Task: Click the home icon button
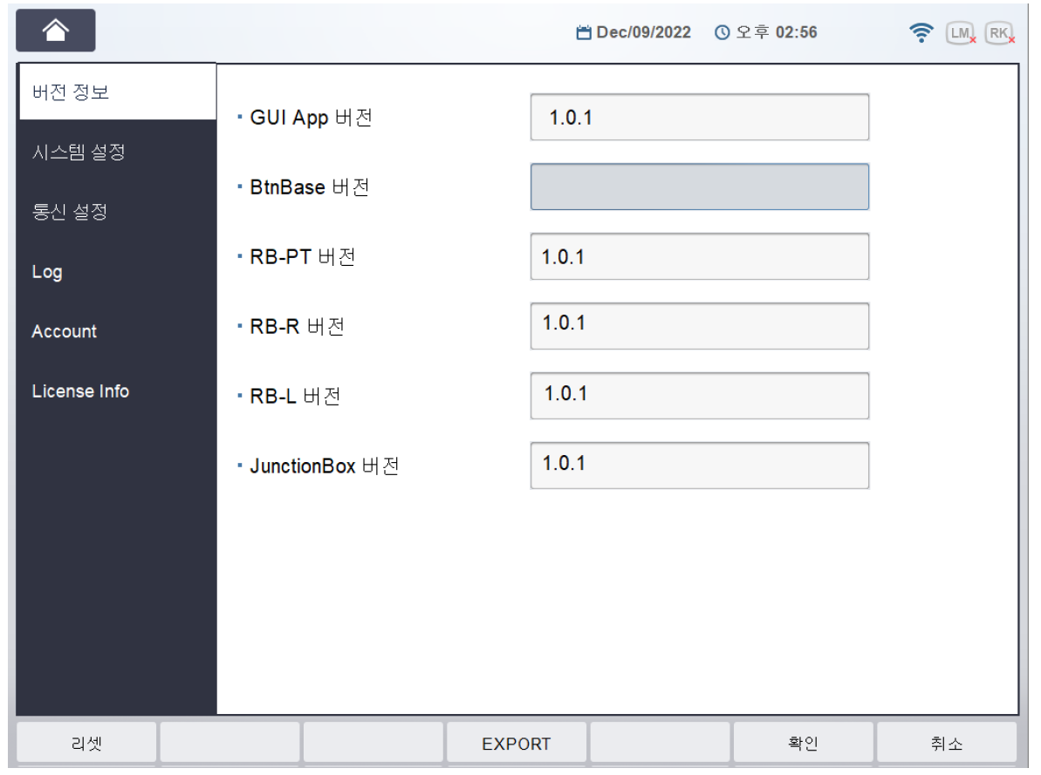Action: (x=56, y=31)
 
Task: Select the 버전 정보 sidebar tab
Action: (x=118, y=92)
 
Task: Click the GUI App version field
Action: (x=700, y=118)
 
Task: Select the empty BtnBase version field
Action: (x=700, y=187)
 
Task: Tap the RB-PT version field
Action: (x=700, y=257)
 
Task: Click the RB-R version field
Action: (x=700, y=326)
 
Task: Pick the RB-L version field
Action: (x=700, y=396)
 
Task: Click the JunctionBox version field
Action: (x=700, y=466)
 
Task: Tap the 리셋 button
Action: (x=86, y=743)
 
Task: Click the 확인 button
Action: (x=804, y=743)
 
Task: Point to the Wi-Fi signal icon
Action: (x=921, y=32)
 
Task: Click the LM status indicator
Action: (x=961, y=33)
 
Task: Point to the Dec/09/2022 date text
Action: (x=643, y=32)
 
